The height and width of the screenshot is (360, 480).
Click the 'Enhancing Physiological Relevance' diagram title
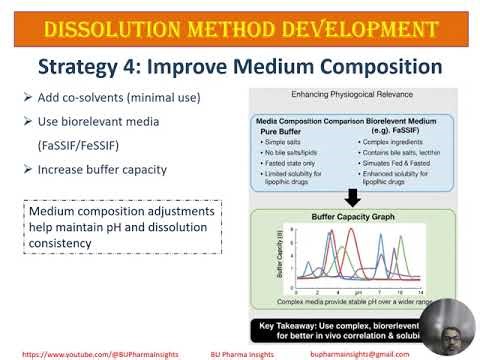tap(352, 94)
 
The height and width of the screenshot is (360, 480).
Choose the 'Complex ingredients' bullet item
tap(393, 143)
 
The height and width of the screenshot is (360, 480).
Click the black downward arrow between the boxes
tap(352, 197)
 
